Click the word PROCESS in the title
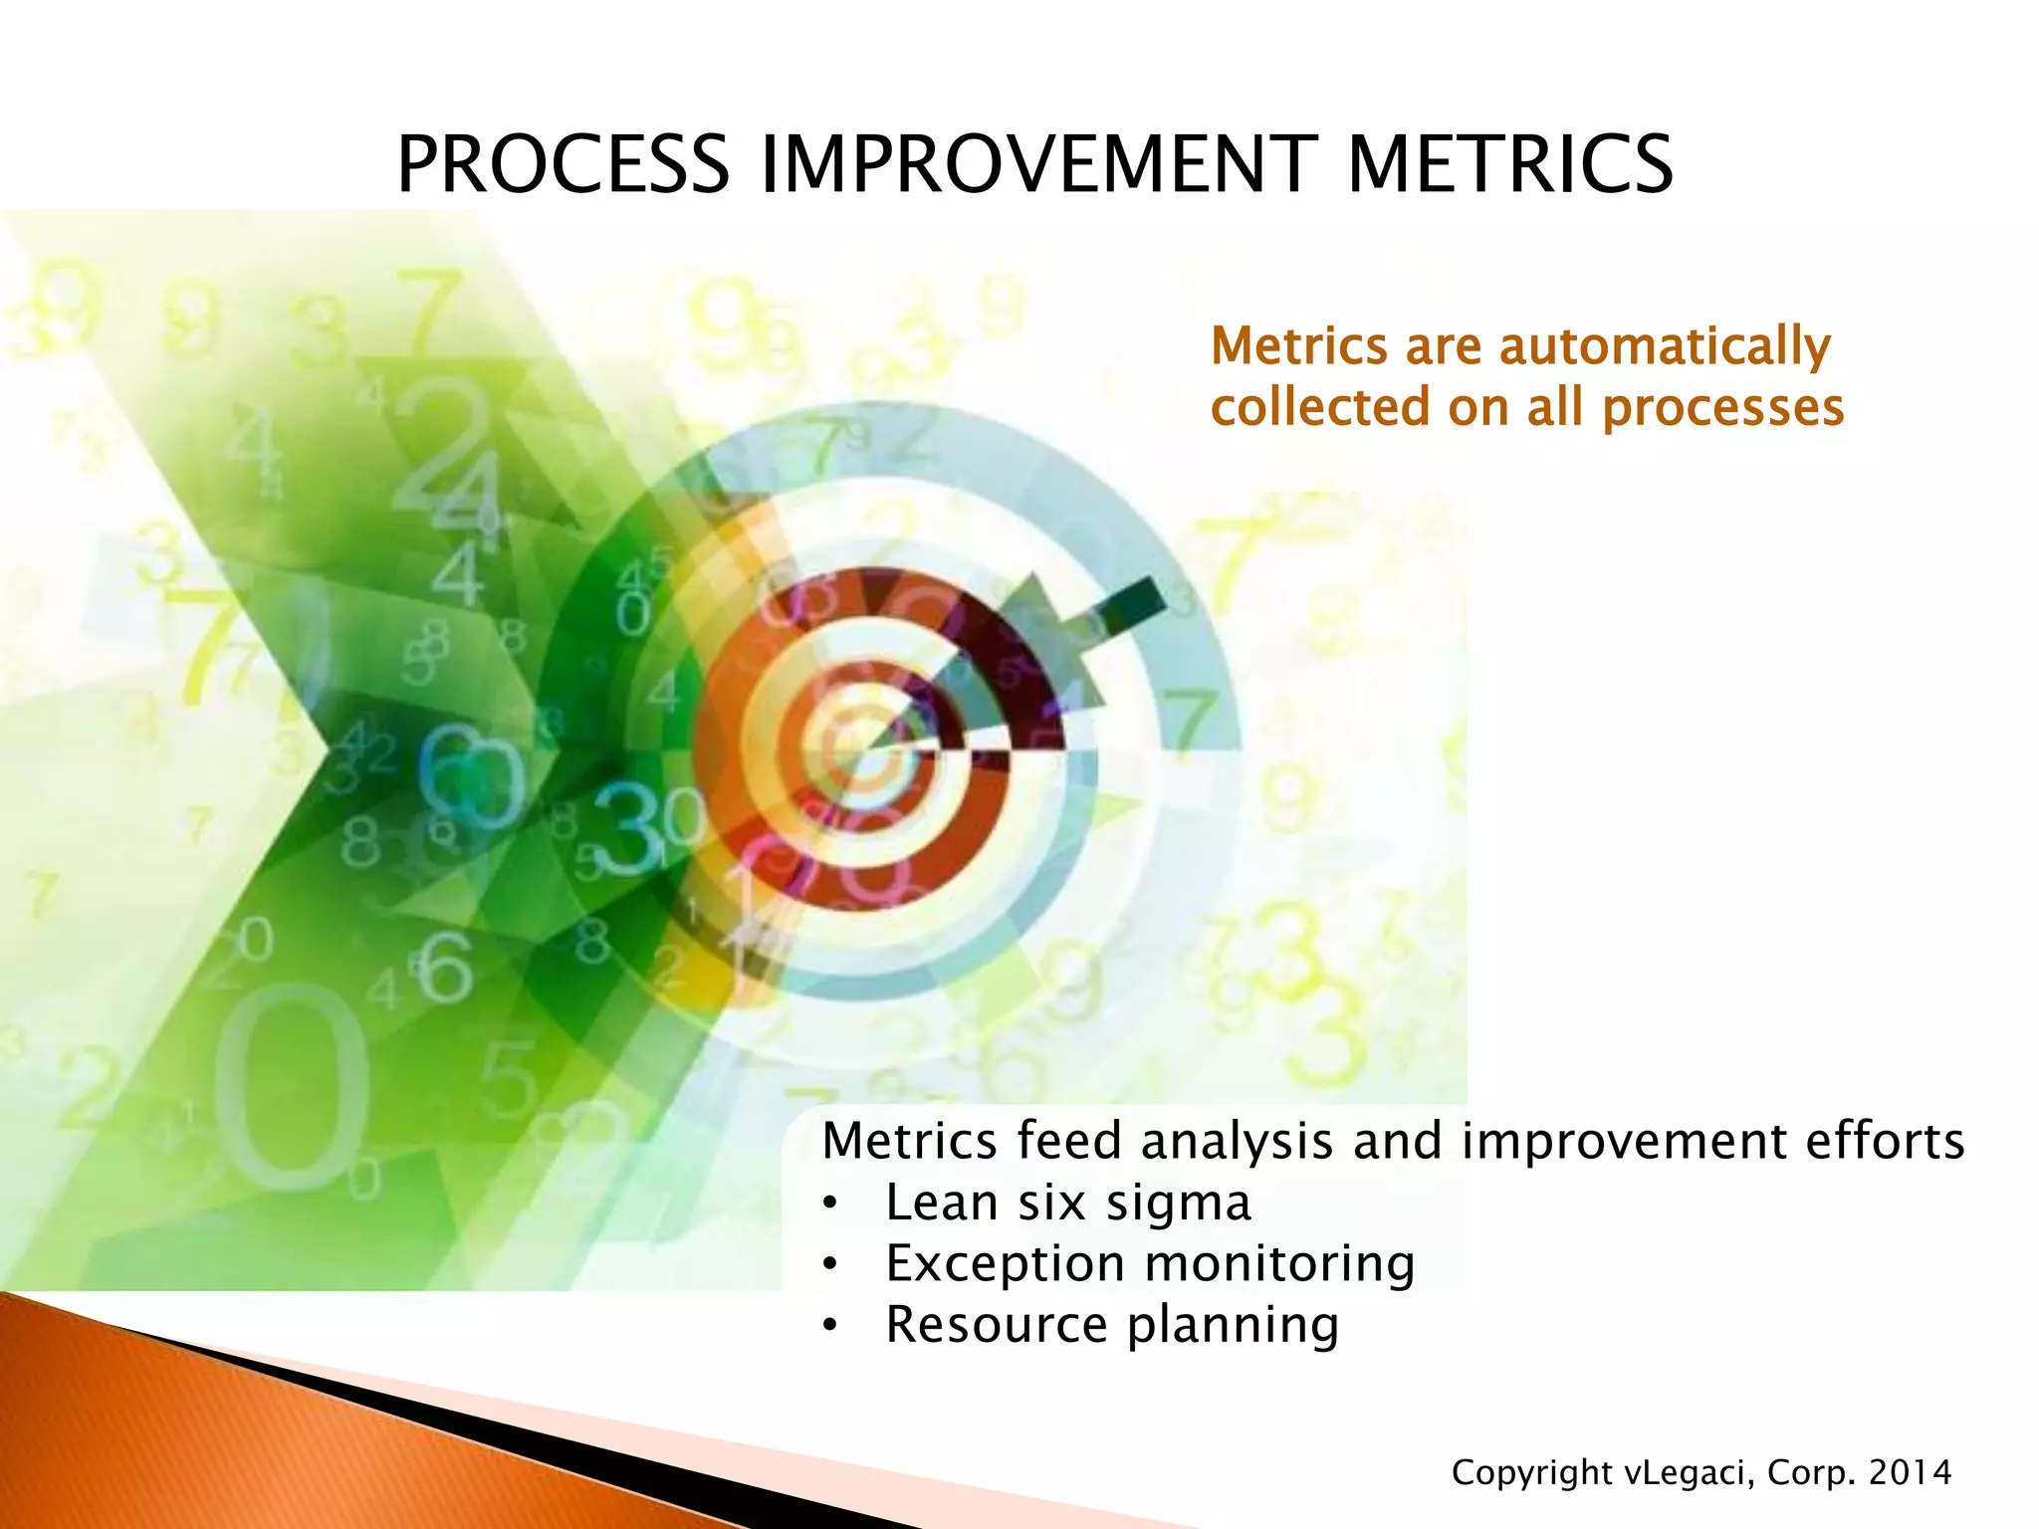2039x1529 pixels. click(563, 164)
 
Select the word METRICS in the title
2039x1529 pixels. click(1509, 164)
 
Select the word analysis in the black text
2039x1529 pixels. click(1237, 1141)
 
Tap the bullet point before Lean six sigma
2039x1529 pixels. click(830, 1204)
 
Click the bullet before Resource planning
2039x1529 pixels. click(830, 1327)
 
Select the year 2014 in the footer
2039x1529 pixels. click(1910, 1472)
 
